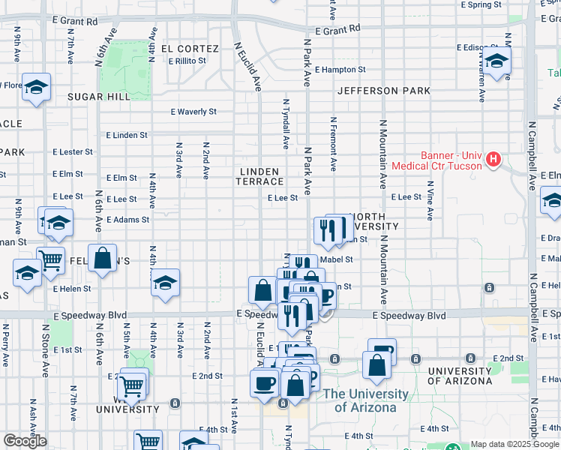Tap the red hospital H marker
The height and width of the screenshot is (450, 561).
[493, 159]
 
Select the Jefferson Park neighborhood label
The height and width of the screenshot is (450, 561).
[383, 91]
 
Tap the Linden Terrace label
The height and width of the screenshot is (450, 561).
[261, 176]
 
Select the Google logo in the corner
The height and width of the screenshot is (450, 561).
[25, 442]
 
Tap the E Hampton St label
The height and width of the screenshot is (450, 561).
[340, 70]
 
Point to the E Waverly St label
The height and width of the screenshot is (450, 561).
[193, 112]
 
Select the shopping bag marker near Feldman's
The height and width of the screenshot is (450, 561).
[103, 258]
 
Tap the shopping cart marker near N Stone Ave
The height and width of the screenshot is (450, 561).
[50, 260]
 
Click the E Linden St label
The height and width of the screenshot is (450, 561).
[127, 135]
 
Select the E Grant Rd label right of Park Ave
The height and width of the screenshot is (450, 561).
[337, 29]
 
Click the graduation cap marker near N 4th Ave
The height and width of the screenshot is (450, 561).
[165, 283]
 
